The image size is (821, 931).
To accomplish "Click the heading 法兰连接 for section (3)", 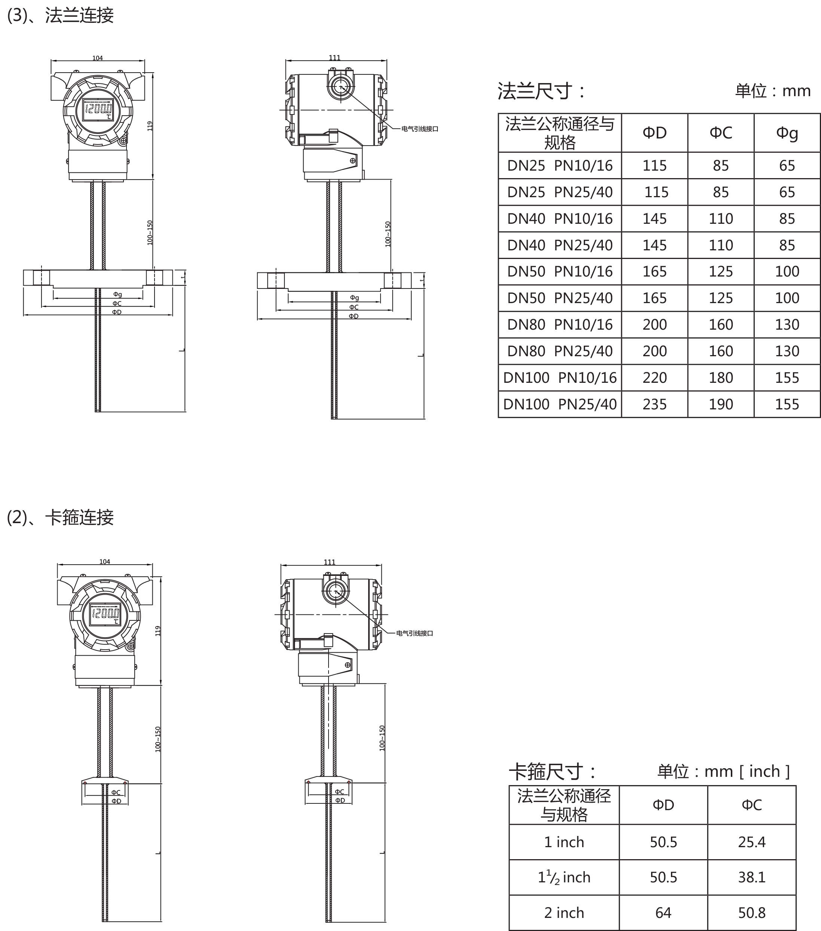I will click(x=79, y=15).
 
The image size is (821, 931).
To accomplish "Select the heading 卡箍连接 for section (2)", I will click(x=79, y=518).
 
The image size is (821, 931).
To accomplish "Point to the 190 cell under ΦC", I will click(x=720, y=404).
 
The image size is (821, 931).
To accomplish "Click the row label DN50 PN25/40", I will click(x=559, y=298).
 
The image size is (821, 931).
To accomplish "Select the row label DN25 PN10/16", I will click(x=559, y=165).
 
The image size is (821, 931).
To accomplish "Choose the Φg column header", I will click(x=787, y=132).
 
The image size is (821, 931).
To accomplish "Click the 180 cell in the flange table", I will click(x=720, y=378).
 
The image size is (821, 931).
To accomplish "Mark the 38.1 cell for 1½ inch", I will click(x=751, y=877).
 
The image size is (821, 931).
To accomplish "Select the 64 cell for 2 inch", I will click(x=663, y=912).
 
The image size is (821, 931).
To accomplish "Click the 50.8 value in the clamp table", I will click(x=751, y=912).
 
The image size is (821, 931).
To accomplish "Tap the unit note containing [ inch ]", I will click(x=723, y=771).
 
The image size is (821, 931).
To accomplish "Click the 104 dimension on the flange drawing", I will click(x=98, y=58).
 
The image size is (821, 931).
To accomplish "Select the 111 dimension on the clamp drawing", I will click(x=329, y=562).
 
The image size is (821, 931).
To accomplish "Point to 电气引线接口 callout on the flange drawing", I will click(x=419, y=129).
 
